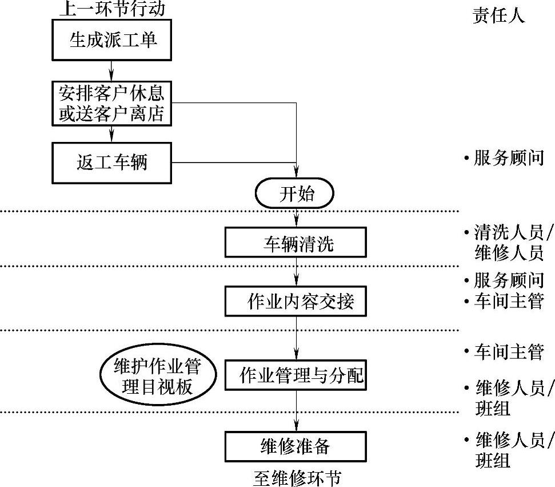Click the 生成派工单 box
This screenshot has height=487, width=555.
(x=112, y=40)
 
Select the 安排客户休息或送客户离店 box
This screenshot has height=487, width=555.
(x=112, y=103)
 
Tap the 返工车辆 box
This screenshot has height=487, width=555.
(x=112, y=163)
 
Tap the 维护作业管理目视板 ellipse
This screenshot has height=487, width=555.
(x=158, y=377)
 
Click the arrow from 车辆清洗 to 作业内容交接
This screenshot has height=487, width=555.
(x=296, y=272)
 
